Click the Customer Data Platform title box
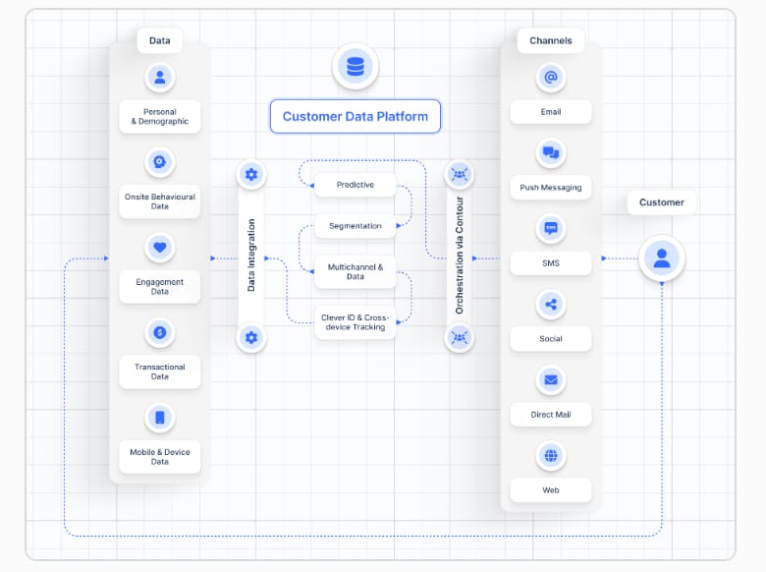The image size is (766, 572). coord(356,116)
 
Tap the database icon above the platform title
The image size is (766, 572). coord(356,67)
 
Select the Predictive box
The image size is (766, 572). coord(355,185)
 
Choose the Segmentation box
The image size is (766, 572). coord(355,226)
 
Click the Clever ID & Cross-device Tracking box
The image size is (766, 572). coord(355,321)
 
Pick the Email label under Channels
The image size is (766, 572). coord(551,112)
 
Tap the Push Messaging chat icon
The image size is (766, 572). coord(551,153)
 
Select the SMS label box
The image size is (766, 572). coord(551,263)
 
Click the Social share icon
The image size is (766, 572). coord(551,305)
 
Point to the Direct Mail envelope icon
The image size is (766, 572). coord(551,380)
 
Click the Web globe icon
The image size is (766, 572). coord(551,456)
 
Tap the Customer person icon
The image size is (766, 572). coord(662,258)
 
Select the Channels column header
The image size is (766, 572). coord(551,40)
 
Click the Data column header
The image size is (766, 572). coord(160,40)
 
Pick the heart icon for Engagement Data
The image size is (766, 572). coord(160,248)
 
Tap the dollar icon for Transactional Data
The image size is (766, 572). coord(160,333)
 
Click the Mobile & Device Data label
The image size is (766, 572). coord(160,456)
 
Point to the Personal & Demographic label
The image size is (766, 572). coord(160,117)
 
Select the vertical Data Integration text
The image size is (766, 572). coord(251,256)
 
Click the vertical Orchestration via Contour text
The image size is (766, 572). coord(459,256)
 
